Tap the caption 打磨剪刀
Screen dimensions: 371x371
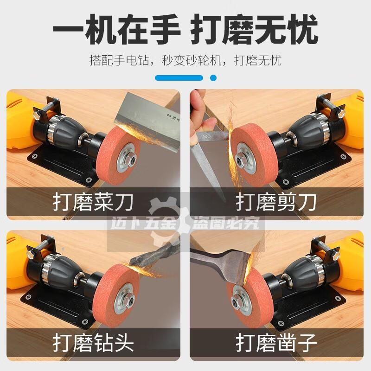[x=276, y=203]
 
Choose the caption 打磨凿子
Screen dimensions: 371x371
[x=276, y=344]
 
